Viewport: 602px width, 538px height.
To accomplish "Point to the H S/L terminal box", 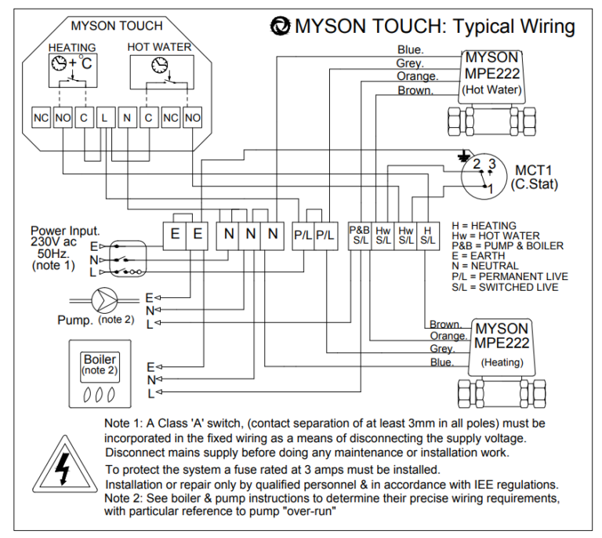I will click(427, 236).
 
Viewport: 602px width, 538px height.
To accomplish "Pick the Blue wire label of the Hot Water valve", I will click(411, 50).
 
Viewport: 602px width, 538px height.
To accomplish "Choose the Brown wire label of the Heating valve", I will click(444, 324).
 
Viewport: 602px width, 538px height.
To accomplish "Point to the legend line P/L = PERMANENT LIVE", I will click(510, 277).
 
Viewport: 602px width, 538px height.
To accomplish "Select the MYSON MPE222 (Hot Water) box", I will click(491, 74).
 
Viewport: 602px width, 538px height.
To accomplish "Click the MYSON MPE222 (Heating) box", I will click(502, 343).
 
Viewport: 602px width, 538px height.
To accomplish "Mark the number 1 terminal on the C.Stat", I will click(490, 188).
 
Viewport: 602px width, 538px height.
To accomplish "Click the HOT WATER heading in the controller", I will click(159, 47).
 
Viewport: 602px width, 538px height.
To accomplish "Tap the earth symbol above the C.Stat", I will click(467, 155).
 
